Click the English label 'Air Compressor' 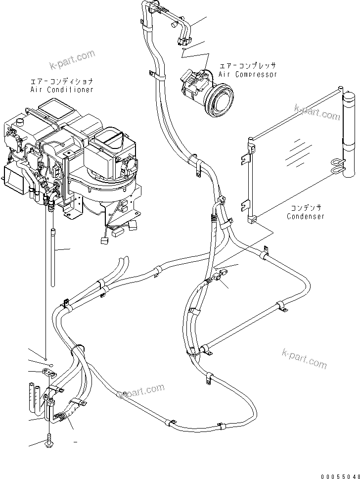[x=248, y=74]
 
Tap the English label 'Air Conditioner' [x=61, y=90]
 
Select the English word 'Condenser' [x=307, y=217]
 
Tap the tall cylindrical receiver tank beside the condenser [x=350, y=134]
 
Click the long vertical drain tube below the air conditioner [x=52, y=247]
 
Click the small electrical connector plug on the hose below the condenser [x=223, y=273]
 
